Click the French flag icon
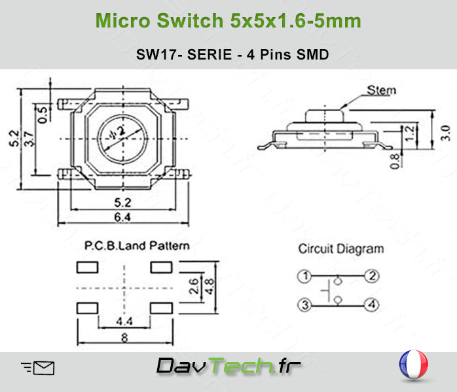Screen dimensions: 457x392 tap(414, 365)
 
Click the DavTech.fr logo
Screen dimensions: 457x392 tap(228, 366)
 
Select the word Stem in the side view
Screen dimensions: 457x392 tap(381, 90)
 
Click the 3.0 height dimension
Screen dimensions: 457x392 tap(445, 133)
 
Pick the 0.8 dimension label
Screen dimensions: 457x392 tap(395, 161)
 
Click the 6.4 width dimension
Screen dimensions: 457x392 tap(122, 217)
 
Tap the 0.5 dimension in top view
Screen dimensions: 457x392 tap(43, 115)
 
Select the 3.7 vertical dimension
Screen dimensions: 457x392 tap(29, 139)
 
